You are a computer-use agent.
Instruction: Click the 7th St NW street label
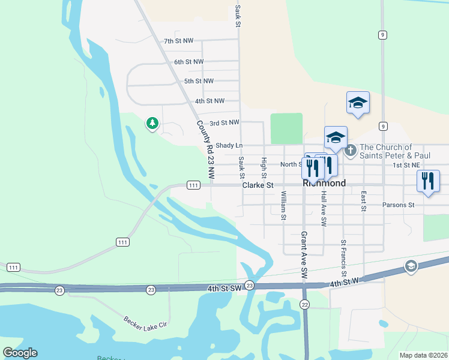point(178,41)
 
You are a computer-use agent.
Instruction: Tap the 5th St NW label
point(199,81)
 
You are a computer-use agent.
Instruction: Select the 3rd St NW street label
point(224,123)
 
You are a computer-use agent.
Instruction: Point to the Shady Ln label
point(229,146)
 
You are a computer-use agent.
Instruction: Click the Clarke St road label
point(258,186)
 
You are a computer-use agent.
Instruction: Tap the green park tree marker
point(152,124)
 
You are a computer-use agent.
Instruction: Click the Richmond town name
point(324,184)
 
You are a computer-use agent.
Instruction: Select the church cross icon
point(351,149)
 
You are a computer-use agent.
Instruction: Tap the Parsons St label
point(399,205)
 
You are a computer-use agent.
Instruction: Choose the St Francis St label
point(343,257)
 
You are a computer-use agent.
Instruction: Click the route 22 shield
point(305,305)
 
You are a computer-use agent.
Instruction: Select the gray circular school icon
point(411,266)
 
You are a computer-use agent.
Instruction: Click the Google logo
point(20,353)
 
